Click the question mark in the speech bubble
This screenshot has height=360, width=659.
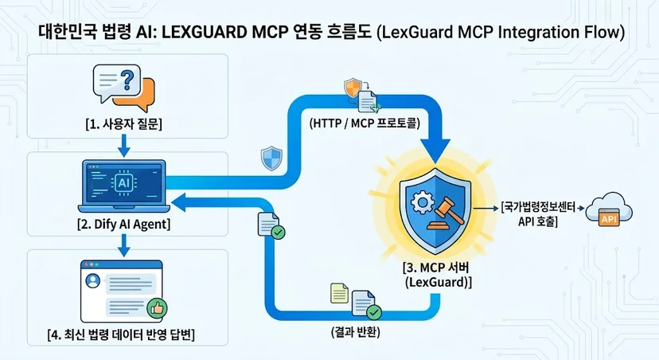pyautogui.click(x=127, y=80)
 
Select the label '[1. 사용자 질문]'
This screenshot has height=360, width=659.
pyautogui.click(x=123, y=124)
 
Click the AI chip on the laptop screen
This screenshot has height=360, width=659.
pyautogui.click(x=123, y=183)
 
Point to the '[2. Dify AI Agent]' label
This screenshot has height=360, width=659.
pyautogui.click(x=124, y=224)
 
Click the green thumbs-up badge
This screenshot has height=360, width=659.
pyautogui.click(x=157, y=309)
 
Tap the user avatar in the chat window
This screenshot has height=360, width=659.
pyautogui.click(x=92, y=280)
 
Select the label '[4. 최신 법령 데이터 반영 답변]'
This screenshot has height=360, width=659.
pyautogui.click(x=121, y=335)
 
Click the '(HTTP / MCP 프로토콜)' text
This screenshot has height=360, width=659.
pyautogui.click(x=365, y=123)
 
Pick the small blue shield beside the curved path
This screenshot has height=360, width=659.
pyautogui.click(x=271, y=158)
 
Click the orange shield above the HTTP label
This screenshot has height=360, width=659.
pyautogui.click(x=353, y=88)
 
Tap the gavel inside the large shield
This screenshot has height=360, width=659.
pyautogui.click(x=446, y=214)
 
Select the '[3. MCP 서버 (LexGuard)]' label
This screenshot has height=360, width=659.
pyautogui.click(x=437, y=275)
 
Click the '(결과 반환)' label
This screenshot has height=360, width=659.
pyautogui.click(x=356, y=332)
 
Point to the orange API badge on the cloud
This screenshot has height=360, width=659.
pyautogui.click(x=610, y=219)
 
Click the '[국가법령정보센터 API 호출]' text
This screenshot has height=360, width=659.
pyautogui.click(x=538, y=214)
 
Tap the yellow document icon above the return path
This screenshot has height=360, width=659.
pyautogui.click(x=340, y=293)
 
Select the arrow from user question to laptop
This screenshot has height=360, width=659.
pyautogui.click(x=123, y=146)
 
